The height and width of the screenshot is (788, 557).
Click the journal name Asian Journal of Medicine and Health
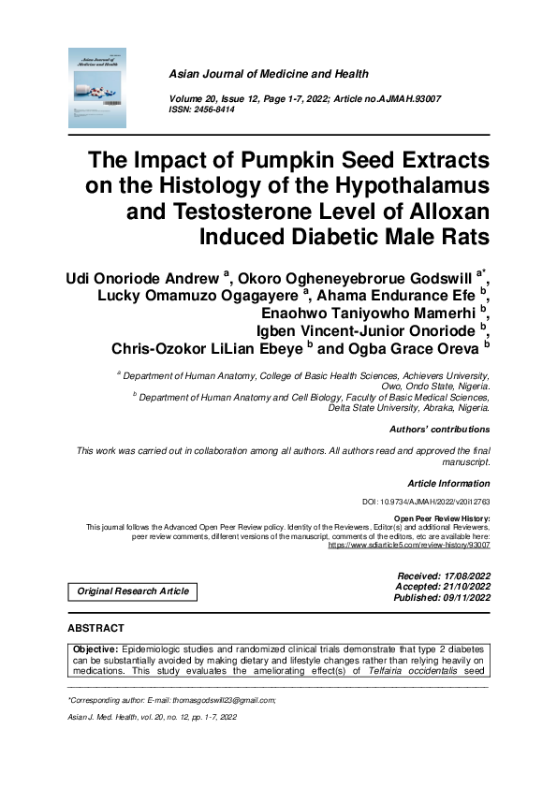(268, 74)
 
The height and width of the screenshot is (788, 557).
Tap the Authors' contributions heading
(439, 430)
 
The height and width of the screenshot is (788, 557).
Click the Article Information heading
(448, 484)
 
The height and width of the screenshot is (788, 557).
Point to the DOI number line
(425, 503)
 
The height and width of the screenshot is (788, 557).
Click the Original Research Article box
(133, 591)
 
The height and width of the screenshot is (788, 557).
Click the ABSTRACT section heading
(95, 627)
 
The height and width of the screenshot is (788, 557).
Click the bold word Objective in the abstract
(97, 649)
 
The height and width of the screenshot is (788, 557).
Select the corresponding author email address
(221, 700)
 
